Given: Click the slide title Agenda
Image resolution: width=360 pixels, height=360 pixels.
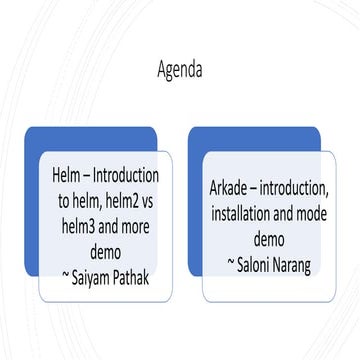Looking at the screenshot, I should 180,71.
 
